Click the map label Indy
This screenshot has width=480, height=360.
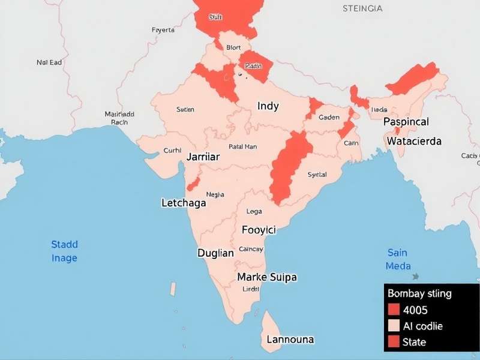(x=268, y=106)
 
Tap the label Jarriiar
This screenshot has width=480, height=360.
(x=203, y=157)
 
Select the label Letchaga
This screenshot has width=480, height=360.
(x=184, y=203)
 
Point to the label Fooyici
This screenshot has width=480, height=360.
(x=259, y=230)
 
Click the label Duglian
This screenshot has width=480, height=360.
(x=215, y=253)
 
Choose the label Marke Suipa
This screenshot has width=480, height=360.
(x=267, y=277)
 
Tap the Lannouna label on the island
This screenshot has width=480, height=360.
(x=290, y=340)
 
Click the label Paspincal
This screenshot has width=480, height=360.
(x=406, y=122)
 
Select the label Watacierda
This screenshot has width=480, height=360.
(x=414, y=142)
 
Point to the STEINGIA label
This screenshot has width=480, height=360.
(x=362, y=8)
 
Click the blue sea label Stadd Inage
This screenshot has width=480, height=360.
(x=64, y=251)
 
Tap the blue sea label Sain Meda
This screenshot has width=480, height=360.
(x=398, y=259)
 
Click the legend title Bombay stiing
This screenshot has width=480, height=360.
(x=419, y=294)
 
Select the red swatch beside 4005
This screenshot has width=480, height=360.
(x=394, y=310)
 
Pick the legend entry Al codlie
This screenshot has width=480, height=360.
(x=423, y=326)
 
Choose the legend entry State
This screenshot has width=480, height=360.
(x=414, y=342)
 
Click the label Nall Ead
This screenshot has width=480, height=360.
(x=49, y=61)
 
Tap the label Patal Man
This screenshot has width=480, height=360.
(x=242, y=146)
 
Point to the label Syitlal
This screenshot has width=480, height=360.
(x=317, y=175)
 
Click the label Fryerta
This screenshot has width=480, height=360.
(x=163, y=29)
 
